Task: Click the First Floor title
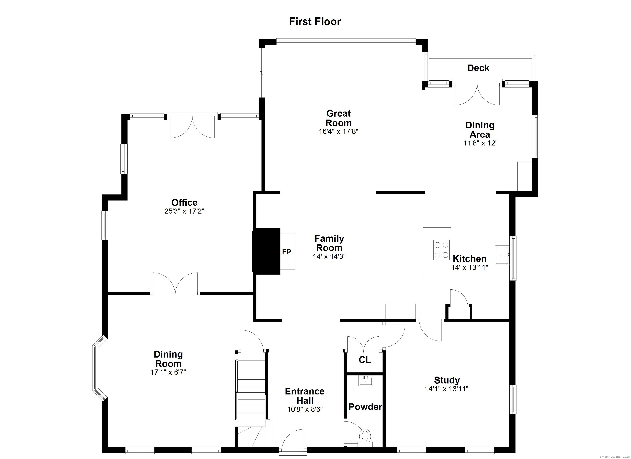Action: click(315, 21)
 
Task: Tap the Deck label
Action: click(478, 68)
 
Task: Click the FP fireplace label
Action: click(287, 252)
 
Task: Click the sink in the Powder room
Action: click(366, 381)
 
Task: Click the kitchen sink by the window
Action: click(502, 255)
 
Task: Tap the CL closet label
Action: click(365, 360)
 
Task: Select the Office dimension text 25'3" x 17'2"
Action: click(184, 211)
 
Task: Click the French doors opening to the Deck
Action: click(477, 92)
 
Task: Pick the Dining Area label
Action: click(480, 130)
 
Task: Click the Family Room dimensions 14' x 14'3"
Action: click(329, 256)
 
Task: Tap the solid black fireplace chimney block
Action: click(266, 251)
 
